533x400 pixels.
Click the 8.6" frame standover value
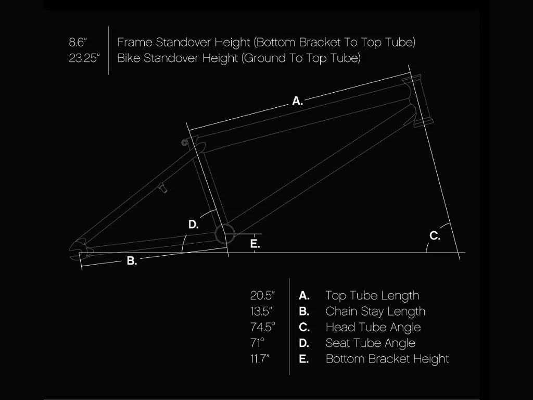pos(78,42)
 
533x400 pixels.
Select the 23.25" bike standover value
pos(84,58)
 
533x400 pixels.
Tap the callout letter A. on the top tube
pos(297,101)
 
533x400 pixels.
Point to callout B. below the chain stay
pos(132,261)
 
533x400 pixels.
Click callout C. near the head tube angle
pos(435,235)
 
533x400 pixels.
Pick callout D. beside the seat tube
pos(194,224)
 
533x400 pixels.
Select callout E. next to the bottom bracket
pos(255,244)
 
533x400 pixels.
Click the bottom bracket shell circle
pos(225,234)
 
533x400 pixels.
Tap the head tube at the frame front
pos(417,101)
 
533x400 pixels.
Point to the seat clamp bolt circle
pos(185,143)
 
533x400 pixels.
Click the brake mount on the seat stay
pos(163,187)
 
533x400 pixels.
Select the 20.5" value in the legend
pos(262,295)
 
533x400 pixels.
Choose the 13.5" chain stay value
pos(261,311)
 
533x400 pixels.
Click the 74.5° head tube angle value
pos(262,327)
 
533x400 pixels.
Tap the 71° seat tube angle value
pos(257,343)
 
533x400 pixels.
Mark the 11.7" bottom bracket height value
pos(260,359)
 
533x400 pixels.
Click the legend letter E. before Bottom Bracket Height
pos(304,359)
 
